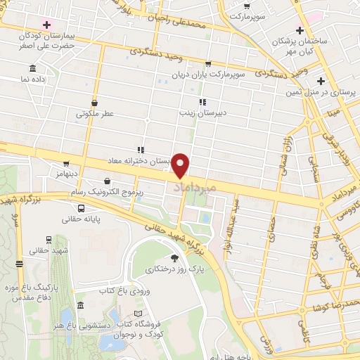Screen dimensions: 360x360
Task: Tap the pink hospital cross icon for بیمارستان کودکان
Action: point(46,25)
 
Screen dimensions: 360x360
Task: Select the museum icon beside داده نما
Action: point(32,68)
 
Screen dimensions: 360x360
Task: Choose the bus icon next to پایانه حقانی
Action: point(82,208)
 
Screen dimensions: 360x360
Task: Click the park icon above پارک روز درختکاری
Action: point(174,259)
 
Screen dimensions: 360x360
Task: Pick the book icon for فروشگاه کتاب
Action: point(139,314)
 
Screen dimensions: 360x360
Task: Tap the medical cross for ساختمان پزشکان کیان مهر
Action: point(300,31)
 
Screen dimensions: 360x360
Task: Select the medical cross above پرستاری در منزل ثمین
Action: point(321,81)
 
